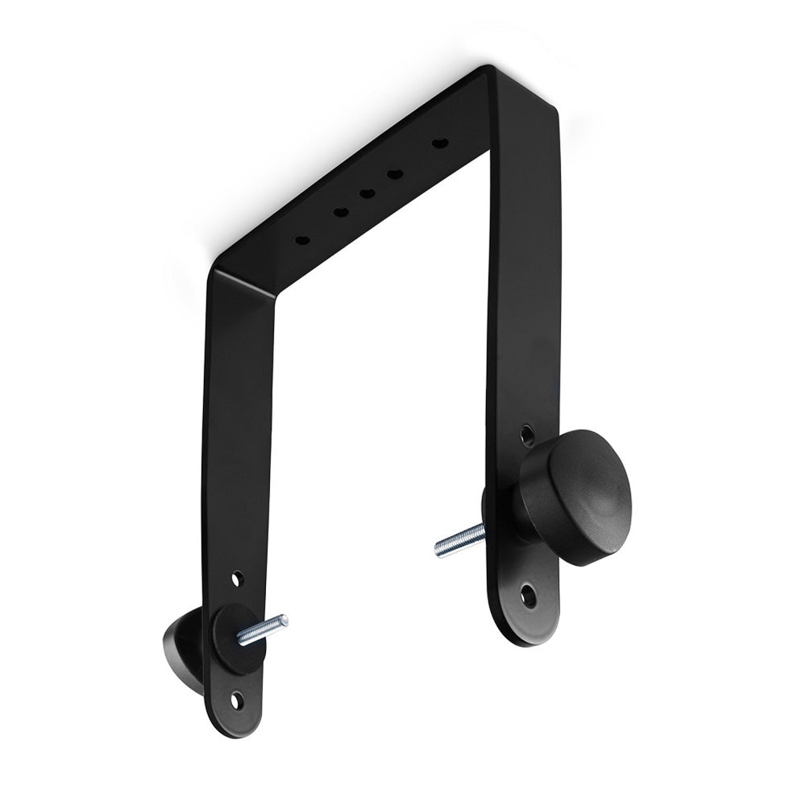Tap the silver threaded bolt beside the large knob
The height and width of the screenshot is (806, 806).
tap(460, 540)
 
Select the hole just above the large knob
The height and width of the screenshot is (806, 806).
tap(527, 436)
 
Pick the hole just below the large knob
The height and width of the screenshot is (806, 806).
tap(528, 596)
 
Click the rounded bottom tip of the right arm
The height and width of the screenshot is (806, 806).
tap(528, 633)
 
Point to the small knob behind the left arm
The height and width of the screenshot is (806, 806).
tap(181, 645)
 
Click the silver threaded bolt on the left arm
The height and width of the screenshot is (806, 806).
tap(262, 629)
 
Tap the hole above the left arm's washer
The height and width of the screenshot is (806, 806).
tap(237, 578)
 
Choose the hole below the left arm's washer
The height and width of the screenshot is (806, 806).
tap(236, 700)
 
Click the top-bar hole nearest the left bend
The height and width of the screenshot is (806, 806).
tap(302, 239)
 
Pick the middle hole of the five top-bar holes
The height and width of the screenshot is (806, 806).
tap(367, 193)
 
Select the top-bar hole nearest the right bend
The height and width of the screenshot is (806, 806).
tap(439, 143)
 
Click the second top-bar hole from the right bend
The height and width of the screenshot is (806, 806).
tap(394, 173)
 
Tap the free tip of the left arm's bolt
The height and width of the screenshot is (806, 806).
tap(284, 619)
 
